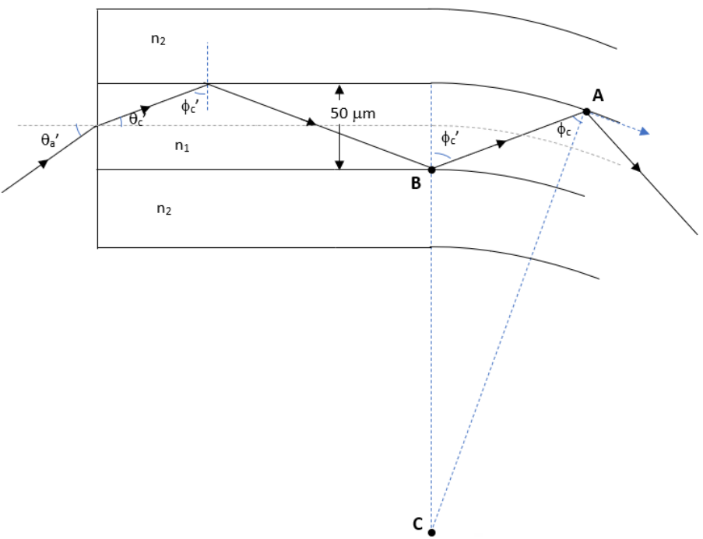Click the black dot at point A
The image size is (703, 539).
point(586,111)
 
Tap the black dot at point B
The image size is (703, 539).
point(432,170)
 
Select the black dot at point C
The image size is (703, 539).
point(431,532)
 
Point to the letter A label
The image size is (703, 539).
point(598,96)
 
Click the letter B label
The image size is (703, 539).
point(416,183)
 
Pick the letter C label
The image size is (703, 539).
point(417,523)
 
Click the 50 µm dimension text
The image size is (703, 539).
point(353,114)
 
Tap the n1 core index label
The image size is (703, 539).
point(182,145)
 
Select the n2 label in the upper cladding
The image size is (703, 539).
point(158,40)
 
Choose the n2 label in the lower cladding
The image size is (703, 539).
point(164,208)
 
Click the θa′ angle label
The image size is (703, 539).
point(49,140)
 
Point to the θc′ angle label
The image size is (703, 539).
point(137,119)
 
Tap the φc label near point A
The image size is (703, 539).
point(564,131)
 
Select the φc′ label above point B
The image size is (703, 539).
point(449,138)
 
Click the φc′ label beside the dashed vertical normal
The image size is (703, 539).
point(189,107)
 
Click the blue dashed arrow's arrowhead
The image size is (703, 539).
point(645,131)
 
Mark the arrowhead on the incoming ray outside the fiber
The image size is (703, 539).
point(43,163)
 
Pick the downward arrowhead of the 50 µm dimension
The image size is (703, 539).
point(340,164)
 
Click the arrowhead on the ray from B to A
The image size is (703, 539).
point(501,144)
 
